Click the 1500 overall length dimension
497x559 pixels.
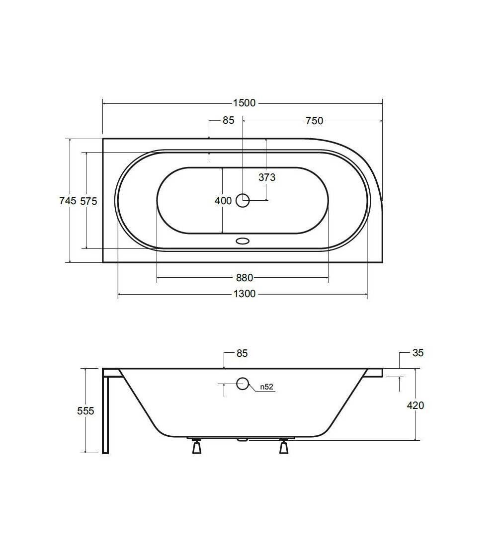pos(244,103)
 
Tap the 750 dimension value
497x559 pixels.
pos(314,121)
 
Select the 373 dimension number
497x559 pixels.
pos(267,177)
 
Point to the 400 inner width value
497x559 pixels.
pos(223,201)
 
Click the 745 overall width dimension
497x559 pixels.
pos(68,201)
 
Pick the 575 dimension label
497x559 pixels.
pos(88,201)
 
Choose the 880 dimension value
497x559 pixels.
pos(245,278)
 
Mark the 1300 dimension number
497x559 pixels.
pos(245,294)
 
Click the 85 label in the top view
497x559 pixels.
pos(229,121)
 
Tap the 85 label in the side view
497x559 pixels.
pos(242,353)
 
